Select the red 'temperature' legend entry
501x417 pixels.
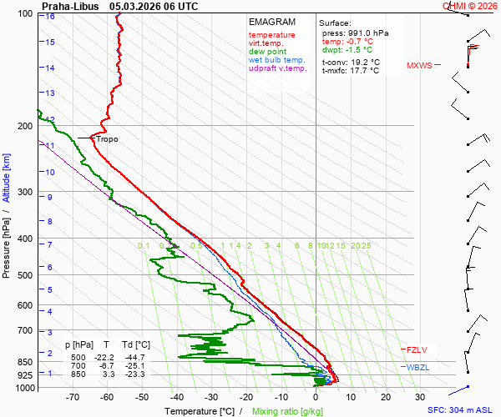coord(271,35)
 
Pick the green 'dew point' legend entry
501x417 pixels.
coord(267,52)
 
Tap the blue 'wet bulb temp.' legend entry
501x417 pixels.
coord(277,60)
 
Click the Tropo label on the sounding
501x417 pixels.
coord(107,139)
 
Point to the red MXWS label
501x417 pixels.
coord(419,65)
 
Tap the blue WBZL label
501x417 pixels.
coord(417,368)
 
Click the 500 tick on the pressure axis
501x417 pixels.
coord(23,275)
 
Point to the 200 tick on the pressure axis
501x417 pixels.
coord(23,126)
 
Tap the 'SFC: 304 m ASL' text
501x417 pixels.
coord(461,410)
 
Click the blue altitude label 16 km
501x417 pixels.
coord(50,16)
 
